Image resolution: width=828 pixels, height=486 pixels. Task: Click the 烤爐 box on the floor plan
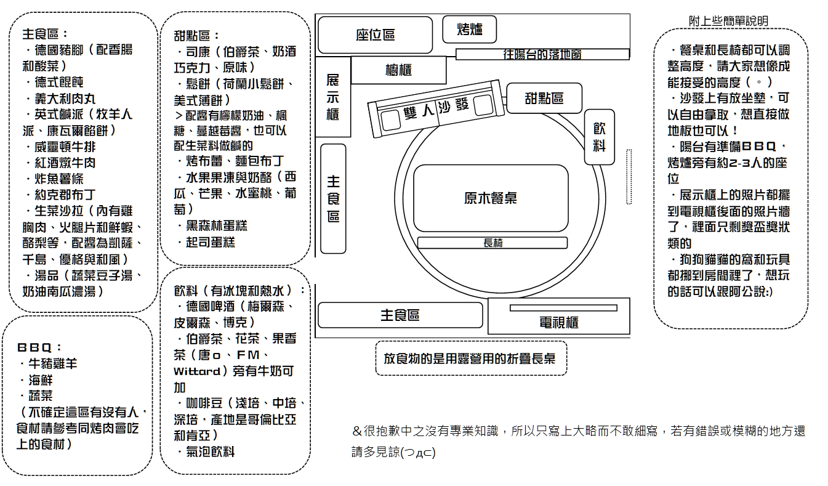pyautogui.click(x=470, y=29)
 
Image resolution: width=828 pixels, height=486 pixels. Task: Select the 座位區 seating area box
pyautogui.click(x=375, y=34)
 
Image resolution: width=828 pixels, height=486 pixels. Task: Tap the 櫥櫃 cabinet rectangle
pyautogui.click(x=398, y=70)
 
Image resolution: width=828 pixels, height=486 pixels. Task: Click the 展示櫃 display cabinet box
pyautogui.click(x=332, y=97)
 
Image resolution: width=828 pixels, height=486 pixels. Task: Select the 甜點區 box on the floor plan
pyautogui.click(x=544, y=98)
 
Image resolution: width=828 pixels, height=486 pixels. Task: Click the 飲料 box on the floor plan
pyautogui.click(x=599, y=137)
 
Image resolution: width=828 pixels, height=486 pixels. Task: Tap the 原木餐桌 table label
pyautogui.click(x=491, y=198)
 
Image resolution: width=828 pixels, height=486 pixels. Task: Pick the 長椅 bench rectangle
pyautogui.click(x=492, y=243)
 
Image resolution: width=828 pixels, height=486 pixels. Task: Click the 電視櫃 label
pyautogui.click(x=559, y=322)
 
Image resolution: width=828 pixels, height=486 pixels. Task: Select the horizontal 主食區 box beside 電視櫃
pyautogui.click(x=400, y=315)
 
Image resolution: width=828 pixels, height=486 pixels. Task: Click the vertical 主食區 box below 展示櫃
pyautogui.click(x=333, y=198)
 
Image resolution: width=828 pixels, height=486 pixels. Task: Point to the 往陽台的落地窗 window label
pyautogui.click(x=542, y=54)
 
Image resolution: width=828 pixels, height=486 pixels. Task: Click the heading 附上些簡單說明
pyautogui.click(x=728, y=21)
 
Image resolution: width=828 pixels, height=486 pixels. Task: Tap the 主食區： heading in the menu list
pyautogui.click(x=45, y=34)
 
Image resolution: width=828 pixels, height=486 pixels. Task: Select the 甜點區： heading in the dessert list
pyautogui.click(x=196, y=36)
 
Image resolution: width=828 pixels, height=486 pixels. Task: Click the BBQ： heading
pyautogui.click(x=39, y=347)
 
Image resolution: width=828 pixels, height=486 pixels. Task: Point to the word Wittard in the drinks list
pyautogui.click(x=196, y=371)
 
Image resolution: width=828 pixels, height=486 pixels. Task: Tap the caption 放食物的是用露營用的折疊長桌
pyautogui.click(x=470, y=358)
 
